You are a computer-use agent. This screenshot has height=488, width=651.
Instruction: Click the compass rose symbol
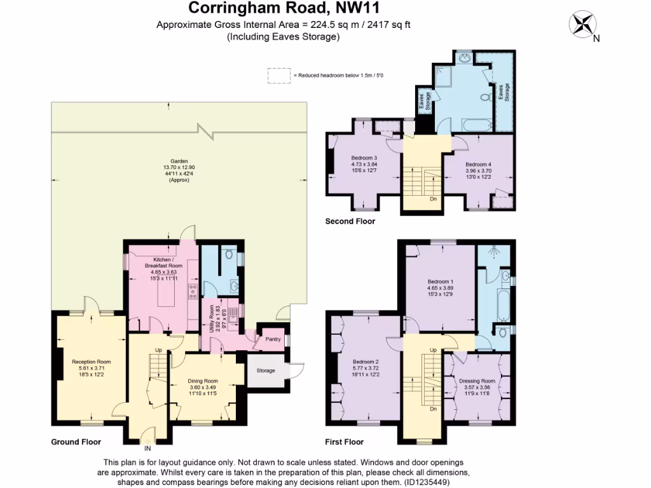click(x=581, y=25)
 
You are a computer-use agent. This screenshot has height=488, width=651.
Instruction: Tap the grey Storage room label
click(x=266, y=370)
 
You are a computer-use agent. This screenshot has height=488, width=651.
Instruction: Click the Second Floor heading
click(x=350, y=222)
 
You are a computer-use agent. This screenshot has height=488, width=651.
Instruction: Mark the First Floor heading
click(x=344, y=442)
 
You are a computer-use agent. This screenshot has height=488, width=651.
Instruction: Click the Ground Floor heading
click(x=76, y=442)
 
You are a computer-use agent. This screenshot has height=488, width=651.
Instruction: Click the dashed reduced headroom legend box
click(x=278, y=75)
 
